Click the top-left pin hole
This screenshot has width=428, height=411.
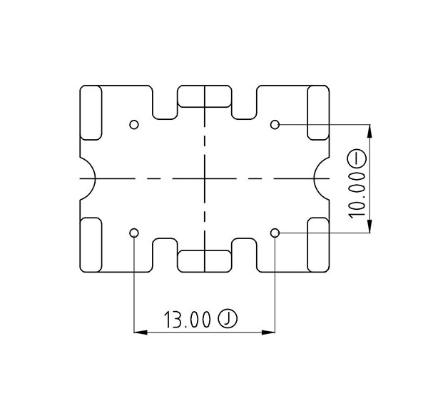(134, 125)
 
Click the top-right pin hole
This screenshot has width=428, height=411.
(275, 125)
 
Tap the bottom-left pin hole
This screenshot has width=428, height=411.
(134, 233)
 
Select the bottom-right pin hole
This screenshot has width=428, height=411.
(275, 233)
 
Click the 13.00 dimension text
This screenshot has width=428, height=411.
(187, 319)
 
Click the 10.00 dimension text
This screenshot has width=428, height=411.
(357, 196)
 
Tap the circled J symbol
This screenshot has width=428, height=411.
(228, 319)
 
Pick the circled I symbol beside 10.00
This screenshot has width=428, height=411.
(357, 160)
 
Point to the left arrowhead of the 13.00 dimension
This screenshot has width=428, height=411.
(141, 333)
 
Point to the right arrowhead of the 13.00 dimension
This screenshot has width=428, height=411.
(268, 333)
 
